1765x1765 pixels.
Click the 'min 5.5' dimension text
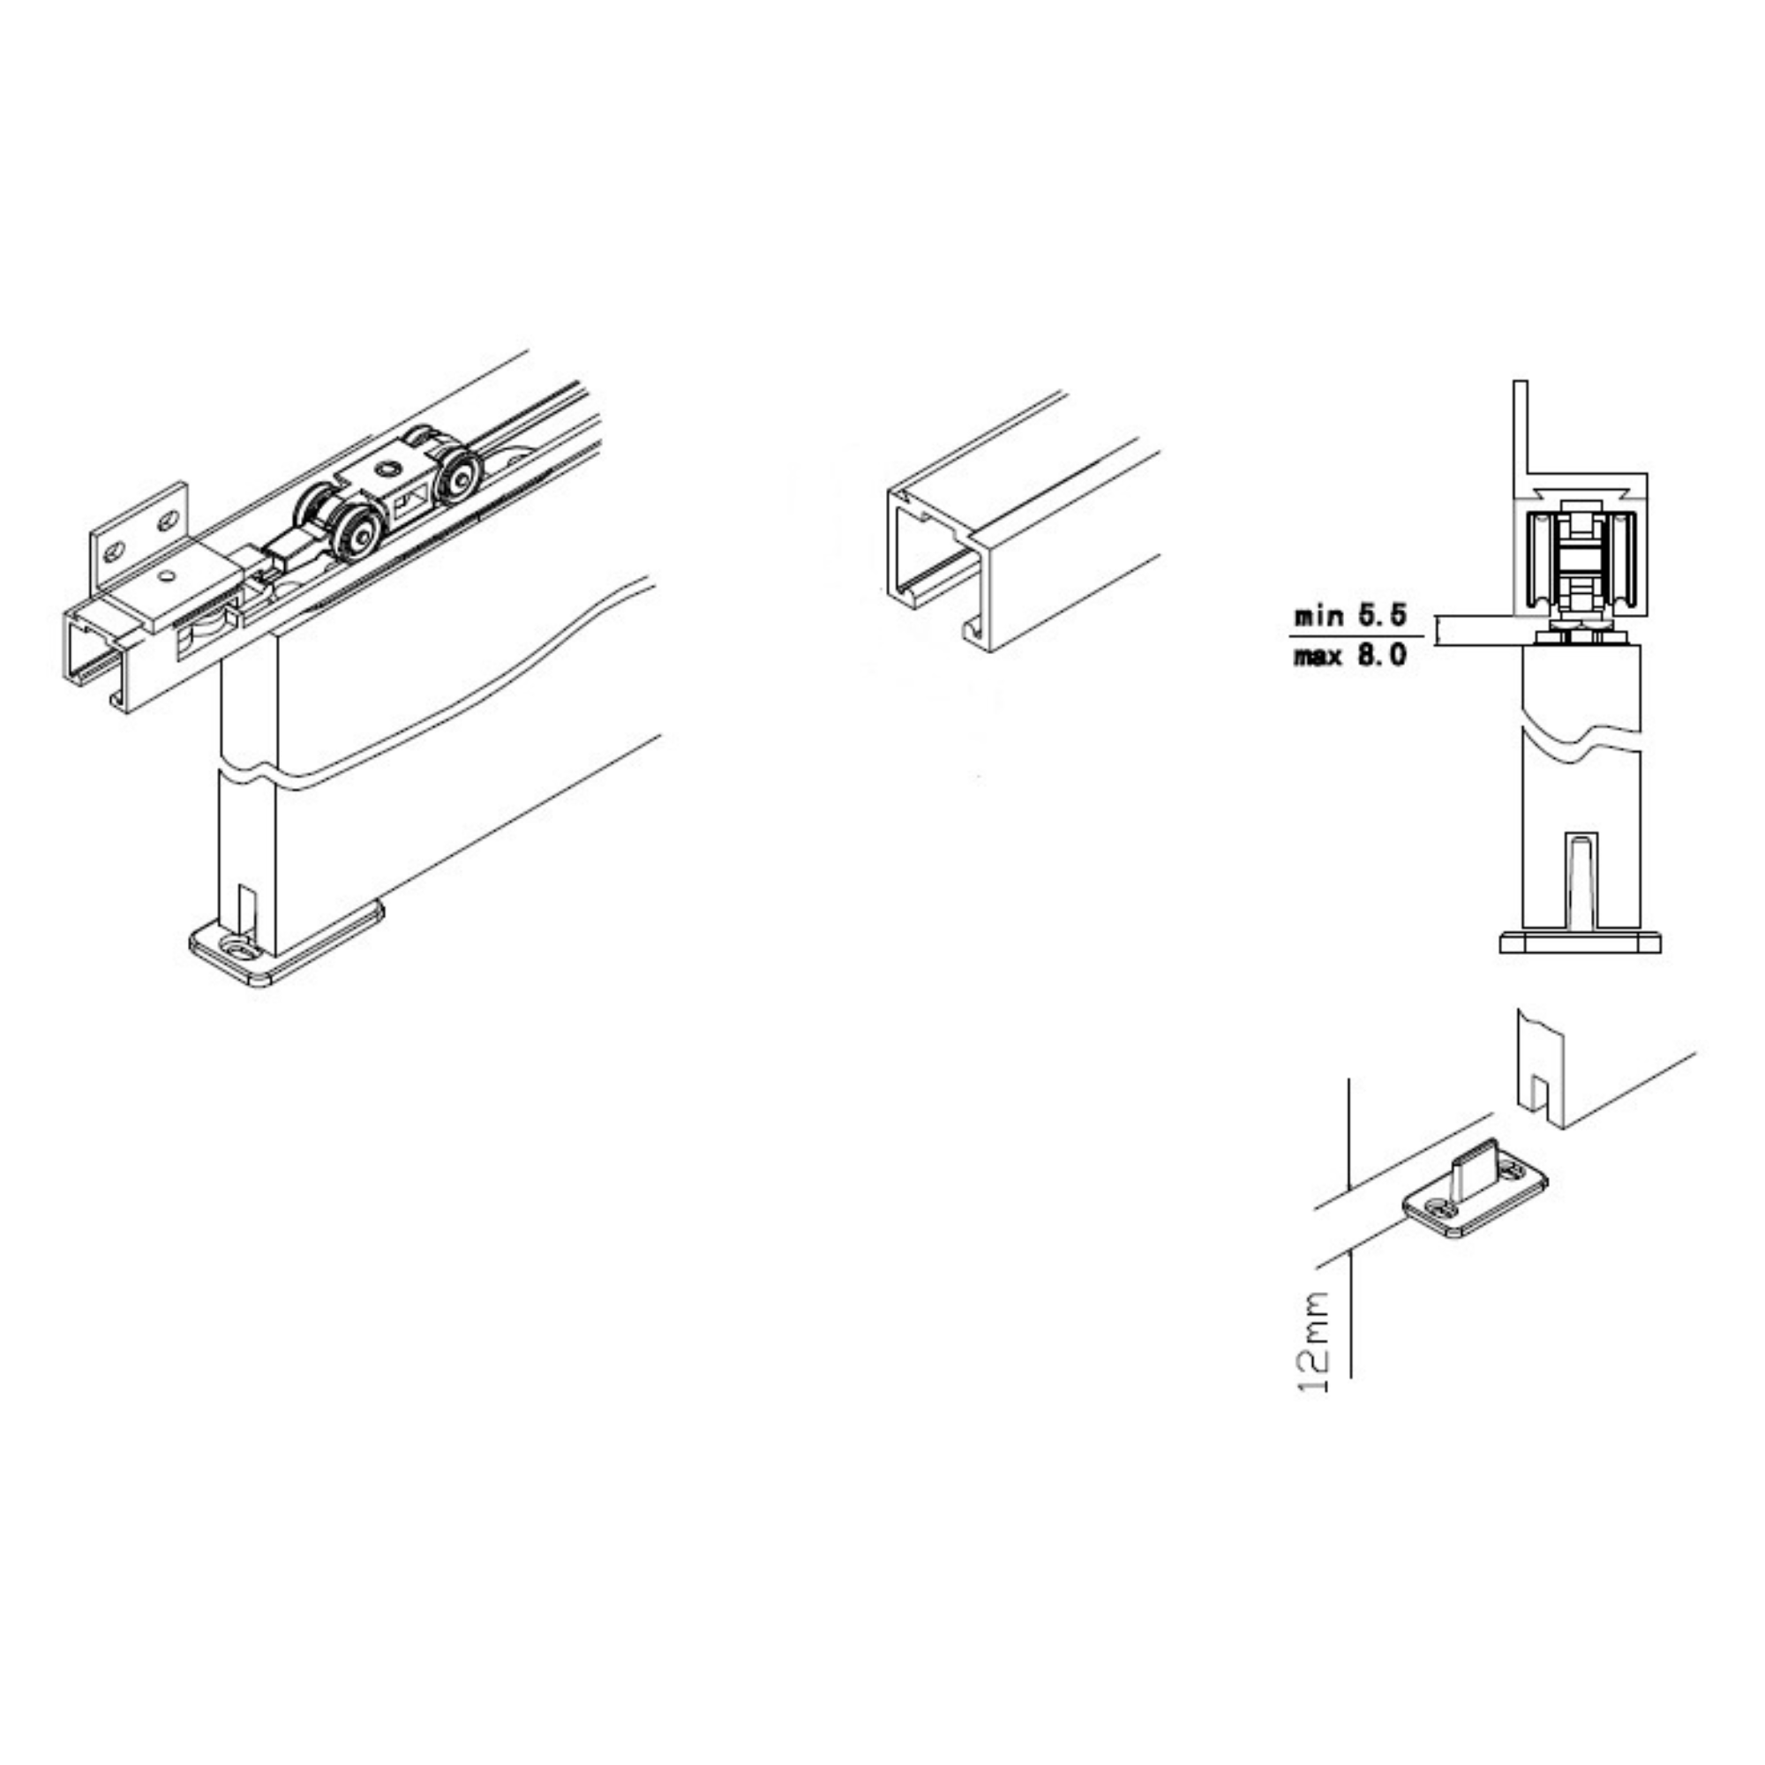click(1349, 616)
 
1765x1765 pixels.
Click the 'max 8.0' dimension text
click(1349, 655)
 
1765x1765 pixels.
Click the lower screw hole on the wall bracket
click(114, 552)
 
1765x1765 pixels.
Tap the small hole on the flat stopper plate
click(167, 576)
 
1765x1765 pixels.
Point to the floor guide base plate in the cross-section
click(1580, 942)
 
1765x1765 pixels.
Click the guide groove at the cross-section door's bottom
click(1581, 880)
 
